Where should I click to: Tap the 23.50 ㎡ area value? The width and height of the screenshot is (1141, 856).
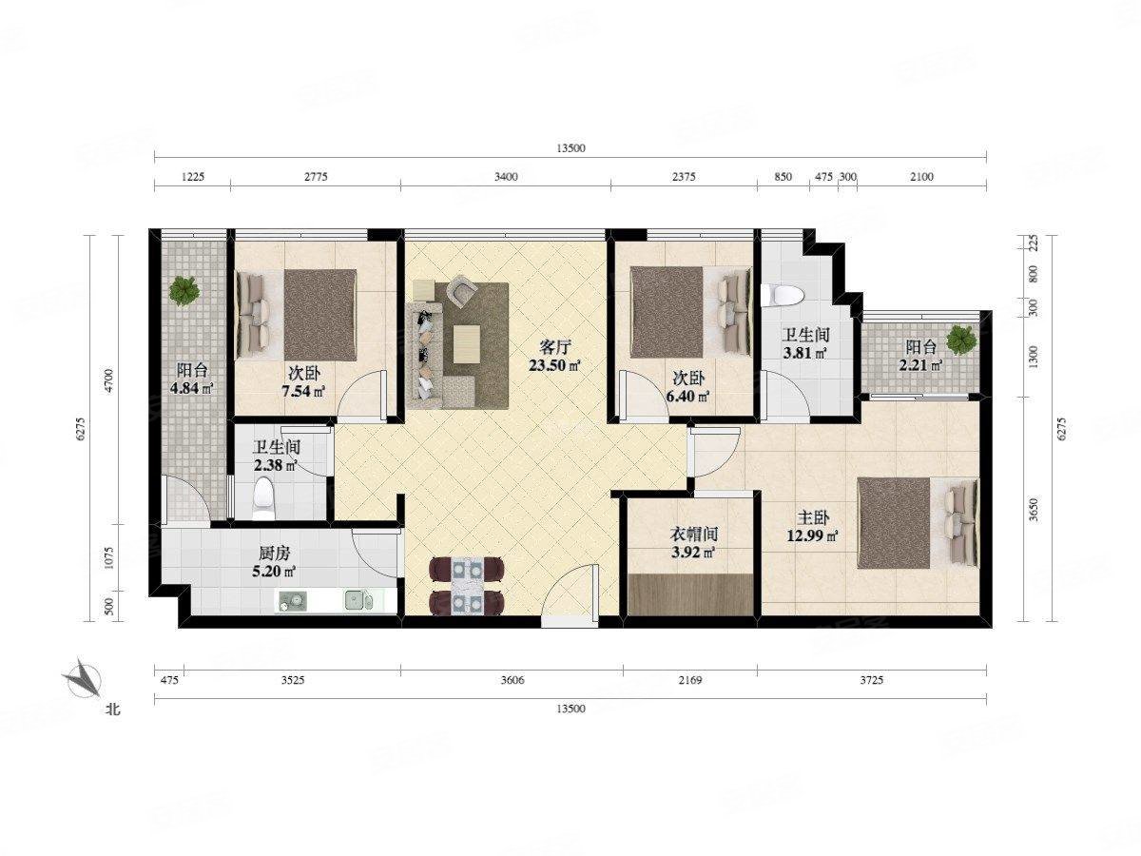[x=554, y=365]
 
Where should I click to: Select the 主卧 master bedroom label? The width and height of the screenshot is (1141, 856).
[x=814, y=518]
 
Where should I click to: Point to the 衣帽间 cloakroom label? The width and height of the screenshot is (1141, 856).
[x=694, y=534]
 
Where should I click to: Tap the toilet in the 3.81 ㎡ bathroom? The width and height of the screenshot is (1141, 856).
[x=782, y=295]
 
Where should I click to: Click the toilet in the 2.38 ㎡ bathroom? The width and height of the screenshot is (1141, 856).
[x=262, y=498]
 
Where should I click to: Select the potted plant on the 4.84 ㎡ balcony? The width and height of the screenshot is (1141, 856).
[x=184, y=291]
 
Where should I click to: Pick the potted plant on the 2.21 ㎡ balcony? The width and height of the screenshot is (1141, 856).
[x=960, y=340]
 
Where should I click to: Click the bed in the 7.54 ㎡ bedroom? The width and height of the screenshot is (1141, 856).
[x=297, y=315]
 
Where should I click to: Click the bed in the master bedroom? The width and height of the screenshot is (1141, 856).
[x=918, y=524]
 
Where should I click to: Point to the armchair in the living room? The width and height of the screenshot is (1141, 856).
[x=461, y=289]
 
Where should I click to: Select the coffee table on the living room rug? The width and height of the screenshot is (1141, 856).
[x=466, y=343]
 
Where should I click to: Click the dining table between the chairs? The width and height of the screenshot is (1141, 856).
[x=466, y=585]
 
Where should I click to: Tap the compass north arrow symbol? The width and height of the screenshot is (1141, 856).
[x=83, y=678]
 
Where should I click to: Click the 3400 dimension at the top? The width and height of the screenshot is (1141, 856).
[x=506, y=177]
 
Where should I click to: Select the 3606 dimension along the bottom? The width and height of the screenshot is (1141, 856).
[x=512, y=680]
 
